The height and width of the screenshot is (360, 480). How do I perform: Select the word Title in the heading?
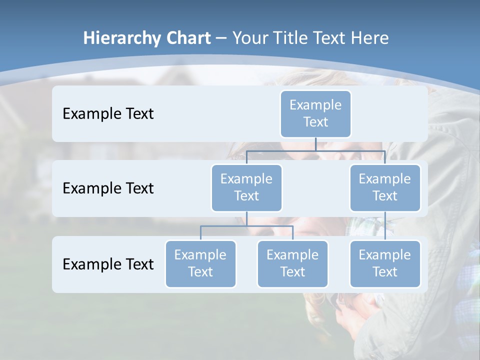290,38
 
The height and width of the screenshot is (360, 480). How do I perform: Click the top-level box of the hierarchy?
315,113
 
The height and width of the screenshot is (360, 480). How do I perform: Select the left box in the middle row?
246,187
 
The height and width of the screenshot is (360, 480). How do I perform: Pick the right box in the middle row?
385,187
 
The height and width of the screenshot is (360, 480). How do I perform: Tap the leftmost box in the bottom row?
200,263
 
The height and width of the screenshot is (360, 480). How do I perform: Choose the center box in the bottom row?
292,263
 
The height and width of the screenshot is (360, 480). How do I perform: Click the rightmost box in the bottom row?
385,263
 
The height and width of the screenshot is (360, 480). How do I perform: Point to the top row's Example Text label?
108,114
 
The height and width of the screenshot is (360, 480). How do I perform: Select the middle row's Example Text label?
108,188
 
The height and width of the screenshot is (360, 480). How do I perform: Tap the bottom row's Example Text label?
108,264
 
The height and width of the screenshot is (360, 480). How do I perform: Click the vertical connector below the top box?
315,144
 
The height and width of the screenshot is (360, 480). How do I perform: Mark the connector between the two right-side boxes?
385,226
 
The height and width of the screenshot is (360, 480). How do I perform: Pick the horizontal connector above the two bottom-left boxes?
246,226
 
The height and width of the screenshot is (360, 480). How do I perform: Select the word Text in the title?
331,38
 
